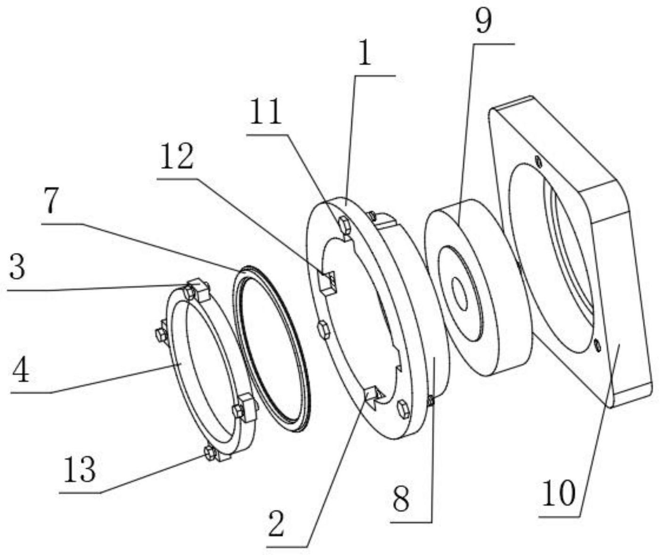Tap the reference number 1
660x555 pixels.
[x=364, y=55]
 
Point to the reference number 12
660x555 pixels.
[x=177, y=157]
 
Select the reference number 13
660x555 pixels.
[x=80, y=470]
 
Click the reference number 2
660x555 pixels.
[x=276, y=524]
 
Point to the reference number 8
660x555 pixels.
[x=401, y=499]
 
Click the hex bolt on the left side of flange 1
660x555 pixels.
[x=324, y=329]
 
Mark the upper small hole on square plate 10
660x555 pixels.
[x=539, y=163]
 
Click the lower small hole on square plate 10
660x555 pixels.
[x=597, y=346]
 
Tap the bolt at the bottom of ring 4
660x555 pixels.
[x=210, y=453]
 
